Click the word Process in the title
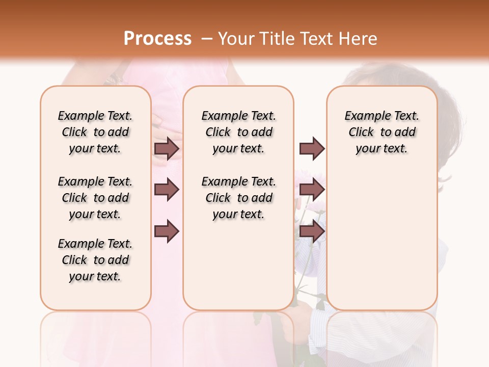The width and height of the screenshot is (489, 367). [157, 39]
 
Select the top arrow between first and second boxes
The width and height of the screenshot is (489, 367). [167, 148]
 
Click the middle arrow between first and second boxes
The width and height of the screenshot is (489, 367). [167, 190]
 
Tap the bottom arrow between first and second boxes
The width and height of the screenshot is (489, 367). [167, 231]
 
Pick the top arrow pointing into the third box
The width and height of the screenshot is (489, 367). [312, 148]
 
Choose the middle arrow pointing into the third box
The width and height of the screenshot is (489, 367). [312, 190]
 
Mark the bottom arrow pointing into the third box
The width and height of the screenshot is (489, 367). [312, 231]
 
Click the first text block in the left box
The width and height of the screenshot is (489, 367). [95, 132]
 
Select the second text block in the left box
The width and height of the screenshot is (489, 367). [95, 198]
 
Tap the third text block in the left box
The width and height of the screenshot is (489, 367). [95, 260]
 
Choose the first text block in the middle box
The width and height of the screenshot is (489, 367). [238, 132]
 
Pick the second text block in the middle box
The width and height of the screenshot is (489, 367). [238, 198]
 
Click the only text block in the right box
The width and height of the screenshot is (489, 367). [382, 132]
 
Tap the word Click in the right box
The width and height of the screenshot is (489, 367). [361, 133]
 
